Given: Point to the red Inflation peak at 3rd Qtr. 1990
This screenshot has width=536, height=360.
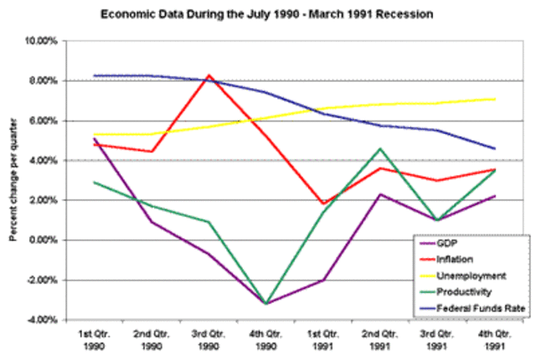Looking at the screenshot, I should pyautogui.click(x=209, y=75).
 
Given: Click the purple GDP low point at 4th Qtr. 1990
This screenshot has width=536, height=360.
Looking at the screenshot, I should pyautogui.click(x=266, y=303).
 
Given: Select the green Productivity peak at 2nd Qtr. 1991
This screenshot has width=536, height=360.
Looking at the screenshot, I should pyautogui.click(x=380, y=148).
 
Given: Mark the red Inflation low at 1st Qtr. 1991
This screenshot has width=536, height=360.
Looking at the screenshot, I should pyautogui.click(x=323, y=203).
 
